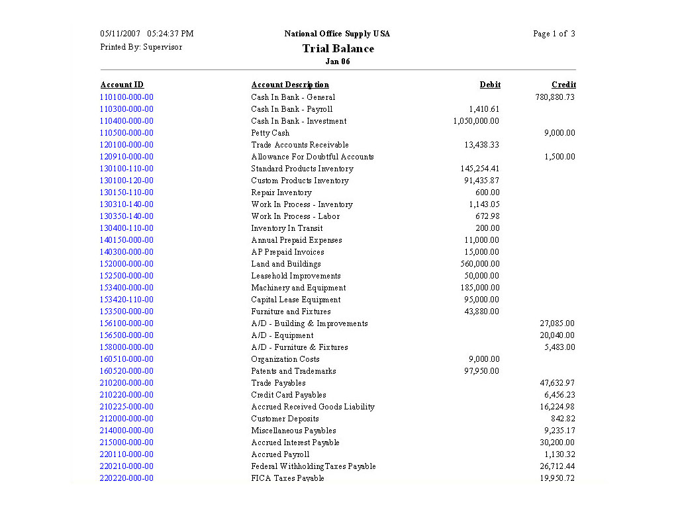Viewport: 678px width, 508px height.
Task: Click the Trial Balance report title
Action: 338,48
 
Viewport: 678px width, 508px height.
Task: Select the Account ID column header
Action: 122,85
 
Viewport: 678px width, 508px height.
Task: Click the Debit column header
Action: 490,85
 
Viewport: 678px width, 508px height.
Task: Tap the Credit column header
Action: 563,85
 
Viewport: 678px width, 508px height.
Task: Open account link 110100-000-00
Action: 126,97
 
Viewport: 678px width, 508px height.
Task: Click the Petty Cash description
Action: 270,133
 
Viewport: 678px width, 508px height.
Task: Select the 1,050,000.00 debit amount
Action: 476,121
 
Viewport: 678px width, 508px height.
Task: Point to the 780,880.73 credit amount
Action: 555,97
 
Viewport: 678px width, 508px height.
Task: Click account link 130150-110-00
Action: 126,192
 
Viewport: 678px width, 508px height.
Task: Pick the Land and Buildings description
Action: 285,264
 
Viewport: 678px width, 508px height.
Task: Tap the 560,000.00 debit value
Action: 480,264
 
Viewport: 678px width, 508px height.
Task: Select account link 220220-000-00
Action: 126,478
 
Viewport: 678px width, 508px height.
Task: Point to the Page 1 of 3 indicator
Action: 554,34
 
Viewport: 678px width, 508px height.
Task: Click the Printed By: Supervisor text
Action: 141,47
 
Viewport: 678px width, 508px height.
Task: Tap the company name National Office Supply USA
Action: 337,34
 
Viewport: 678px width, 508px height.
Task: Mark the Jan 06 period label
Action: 338,62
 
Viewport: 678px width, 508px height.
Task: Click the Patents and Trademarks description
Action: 293,371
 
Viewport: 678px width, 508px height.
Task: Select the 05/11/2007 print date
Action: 121,34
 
